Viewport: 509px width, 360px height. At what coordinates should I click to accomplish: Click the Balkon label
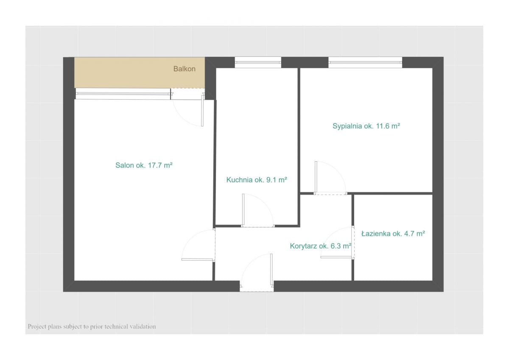[184, 69]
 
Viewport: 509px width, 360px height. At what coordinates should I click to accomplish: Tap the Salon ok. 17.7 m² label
[144, 165]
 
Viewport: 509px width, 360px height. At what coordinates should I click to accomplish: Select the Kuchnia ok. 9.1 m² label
[257, 180]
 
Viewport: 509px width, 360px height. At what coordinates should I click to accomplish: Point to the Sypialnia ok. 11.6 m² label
[366, 126]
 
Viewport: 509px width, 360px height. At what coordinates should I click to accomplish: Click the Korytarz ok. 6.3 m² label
[321, 246]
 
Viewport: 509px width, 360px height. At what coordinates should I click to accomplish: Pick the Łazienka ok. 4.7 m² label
[393, 234]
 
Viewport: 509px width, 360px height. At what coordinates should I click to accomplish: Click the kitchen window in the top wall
[258, 62]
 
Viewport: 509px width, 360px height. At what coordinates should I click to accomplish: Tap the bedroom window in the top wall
[365, 62]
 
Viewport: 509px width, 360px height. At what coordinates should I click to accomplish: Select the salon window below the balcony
[123, 94]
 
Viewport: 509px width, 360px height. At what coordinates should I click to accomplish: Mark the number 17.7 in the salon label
[154, 165]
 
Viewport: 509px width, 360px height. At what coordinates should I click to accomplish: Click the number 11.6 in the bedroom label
[383, 126]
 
